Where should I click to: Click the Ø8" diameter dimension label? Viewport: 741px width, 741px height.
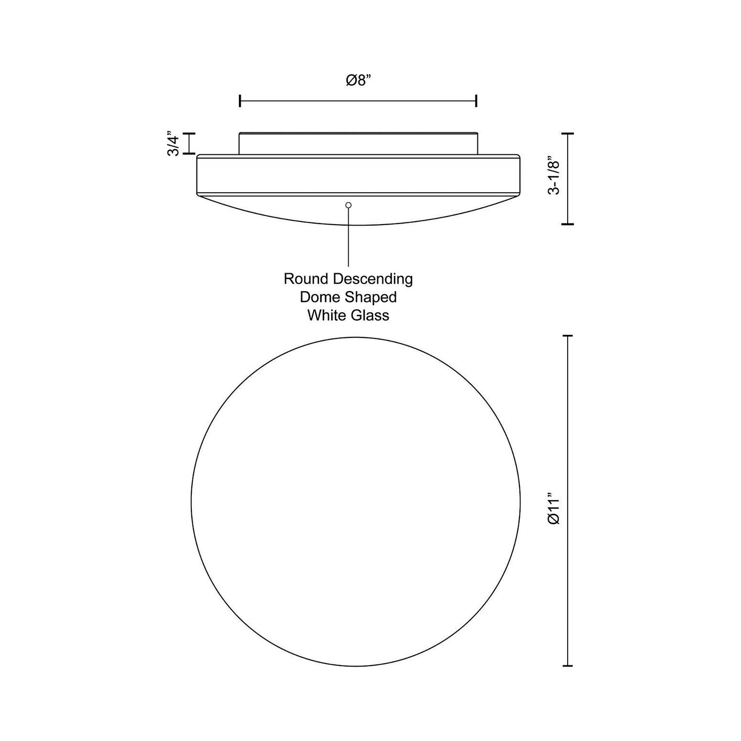(x=358, y=81)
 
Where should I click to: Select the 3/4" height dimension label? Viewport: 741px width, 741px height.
(x=174, y=144)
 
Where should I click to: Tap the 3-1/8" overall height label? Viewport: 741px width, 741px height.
(x=554, y=175)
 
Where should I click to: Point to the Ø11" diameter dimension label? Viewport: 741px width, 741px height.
(x=554, y=508)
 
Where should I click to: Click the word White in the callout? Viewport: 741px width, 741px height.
(x=327, y=315)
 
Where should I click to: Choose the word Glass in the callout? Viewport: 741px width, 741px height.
(x=370, y=315)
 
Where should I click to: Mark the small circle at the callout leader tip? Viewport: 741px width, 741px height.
(x=349, y=205)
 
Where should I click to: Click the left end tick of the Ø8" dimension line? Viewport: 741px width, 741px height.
(x=240, y=101)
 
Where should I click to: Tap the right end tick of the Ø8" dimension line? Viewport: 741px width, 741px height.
(x=477, y=101)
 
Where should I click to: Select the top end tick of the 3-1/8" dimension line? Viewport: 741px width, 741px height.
(x=567, y=133)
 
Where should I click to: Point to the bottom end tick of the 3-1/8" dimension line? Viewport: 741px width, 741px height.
(x=567, y=224)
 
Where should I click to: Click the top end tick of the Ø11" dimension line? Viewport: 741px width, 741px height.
(x=567, y=336)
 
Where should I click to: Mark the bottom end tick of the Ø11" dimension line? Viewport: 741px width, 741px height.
(x=567, y=666)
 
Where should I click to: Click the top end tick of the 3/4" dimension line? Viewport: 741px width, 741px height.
(x=190, y=134)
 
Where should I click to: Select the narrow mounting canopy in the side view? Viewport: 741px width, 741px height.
(x=358, y=143)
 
